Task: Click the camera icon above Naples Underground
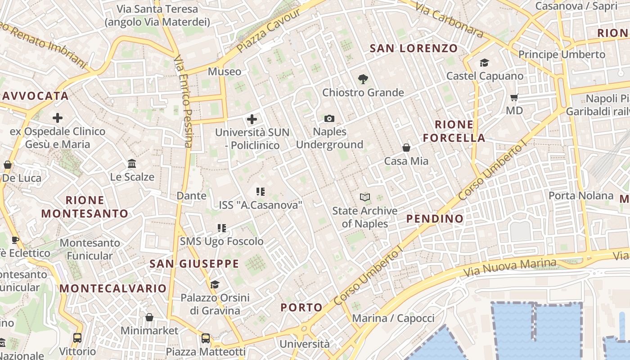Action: [x=329, y=119]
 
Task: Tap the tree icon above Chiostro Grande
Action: [x=363, y=80]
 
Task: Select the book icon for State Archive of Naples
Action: [x=364, y=198]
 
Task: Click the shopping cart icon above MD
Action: [x=514, y=98]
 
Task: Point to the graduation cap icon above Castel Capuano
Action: [x=484, y=63]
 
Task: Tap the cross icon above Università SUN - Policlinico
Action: [x=252, y=120]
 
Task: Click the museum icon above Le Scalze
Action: [x=132, y=163]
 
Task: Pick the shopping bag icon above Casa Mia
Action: [x=406, y=148]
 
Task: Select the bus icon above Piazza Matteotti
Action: [x=205, y=338]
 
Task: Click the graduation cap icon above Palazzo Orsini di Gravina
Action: [x=215, y=284]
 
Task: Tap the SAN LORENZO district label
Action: [x=414, y=48]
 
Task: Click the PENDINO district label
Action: [x=435, y=219]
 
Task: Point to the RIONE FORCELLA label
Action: [x=454, y=131]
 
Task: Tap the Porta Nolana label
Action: [x=580, y=196]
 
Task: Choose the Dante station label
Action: [x=191, y=196]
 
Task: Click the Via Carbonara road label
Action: [x=449, y=20]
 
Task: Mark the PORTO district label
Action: [x=301, y=308]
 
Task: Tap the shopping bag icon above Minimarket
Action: [x=149, y=318]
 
